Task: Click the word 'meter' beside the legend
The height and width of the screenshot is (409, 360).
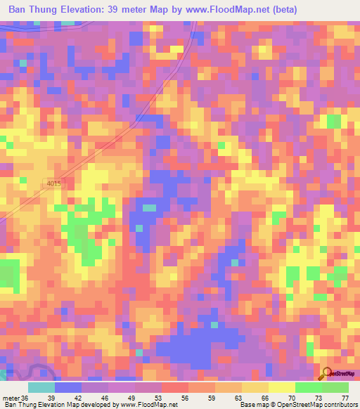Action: pos(11,397)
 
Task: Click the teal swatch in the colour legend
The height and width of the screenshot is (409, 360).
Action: pos(41,387)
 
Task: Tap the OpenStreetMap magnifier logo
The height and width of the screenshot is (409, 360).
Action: pos(326,374)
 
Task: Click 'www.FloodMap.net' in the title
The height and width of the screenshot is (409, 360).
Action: pos(221,9)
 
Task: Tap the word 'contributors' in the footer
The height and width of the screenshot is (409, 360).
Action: pos(338,405)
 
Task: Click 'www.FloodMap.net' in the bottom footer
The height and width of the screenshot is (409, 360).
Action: pos(149,405)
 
